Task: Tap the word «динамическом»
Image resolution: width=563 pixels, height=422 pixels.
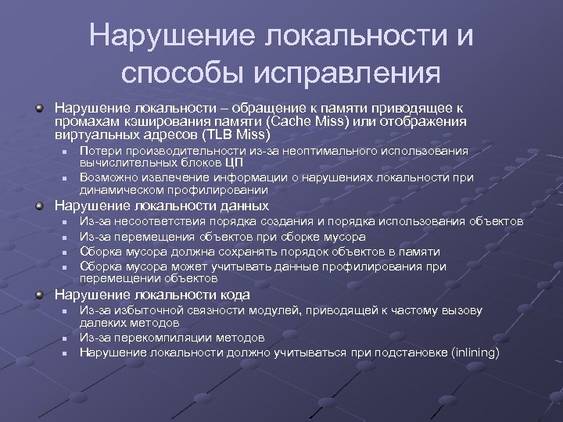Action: [117, 189]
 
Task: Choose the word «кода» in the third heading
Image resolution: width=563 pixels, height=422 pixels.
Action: [234, 295]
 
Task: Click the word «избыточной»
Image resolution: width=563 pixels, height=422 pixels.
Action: [139, 311]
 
